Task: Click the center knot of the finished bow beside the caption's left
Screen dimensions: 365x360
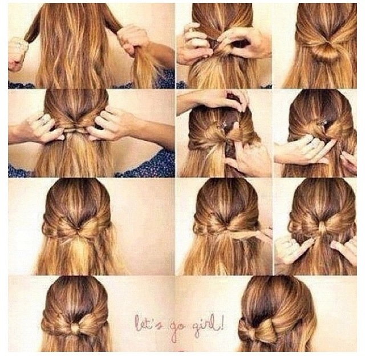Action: pos(75,328)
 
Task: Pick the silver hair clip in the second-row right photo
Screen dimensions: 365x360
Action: pos(323,122)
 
